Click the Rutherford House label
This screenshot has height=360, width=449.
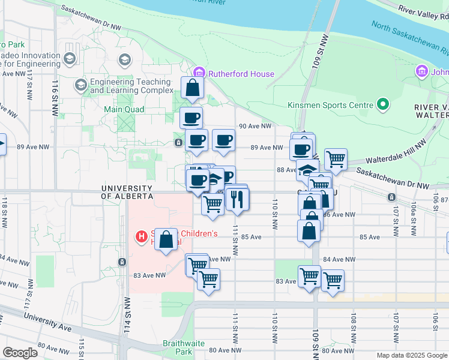(x=241, y=74)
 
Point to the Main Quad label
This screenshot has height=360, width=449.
(x=124, y=109)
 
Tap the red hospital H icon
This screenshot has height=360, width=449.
(x=142, y=237)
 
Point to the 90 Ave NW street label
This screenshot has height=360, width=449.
(x=255, y=127)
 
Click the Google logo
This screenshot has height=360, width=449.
(x=20, y=353)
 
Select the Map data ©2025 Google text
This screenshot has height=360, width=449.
(x=411, y=355)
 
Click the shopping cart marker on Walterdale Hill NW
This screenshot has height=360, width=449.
(x=336, y=160)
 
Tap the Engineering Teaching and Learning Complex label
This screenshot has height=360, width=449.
(x=123, y=86)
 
